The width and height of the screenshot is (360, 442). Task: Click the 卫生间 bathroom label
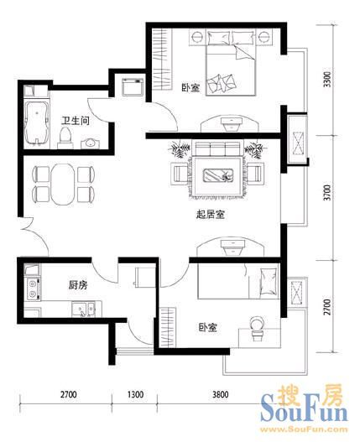(76, 121)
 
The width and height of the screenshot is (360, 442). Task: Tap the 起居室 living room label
(211, 215)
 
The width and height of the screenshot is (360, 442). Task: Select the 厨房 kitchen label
(78, 285)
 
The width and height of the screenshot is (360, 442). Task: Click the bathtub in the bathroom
(36, 123)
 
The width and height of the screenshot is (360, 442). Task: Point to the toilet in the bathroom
(65, 138)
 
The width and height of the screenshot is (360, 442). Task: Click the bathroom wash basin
(91, 143)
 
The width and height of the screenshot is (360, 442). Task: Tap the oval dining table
(63, 184)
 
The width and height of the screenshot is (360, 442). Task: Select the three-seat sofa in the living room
(218, 148)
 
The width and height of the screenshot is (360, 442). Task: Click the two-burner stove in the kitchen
(33, 289)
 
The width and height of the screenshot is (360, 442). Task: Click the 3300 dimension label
(327, 80)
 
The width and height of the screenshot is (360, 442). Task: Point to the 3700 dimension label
(327, 193)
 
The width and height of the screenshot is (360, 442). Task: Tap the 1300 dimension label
(135, 394)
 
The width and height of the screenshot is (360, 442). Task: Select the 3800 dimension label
(221, 394)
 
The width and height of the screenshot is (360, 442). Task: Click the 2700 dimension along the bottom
(68, 394)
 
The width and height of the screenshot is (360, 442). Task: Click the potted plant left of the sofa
(179, 149)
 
